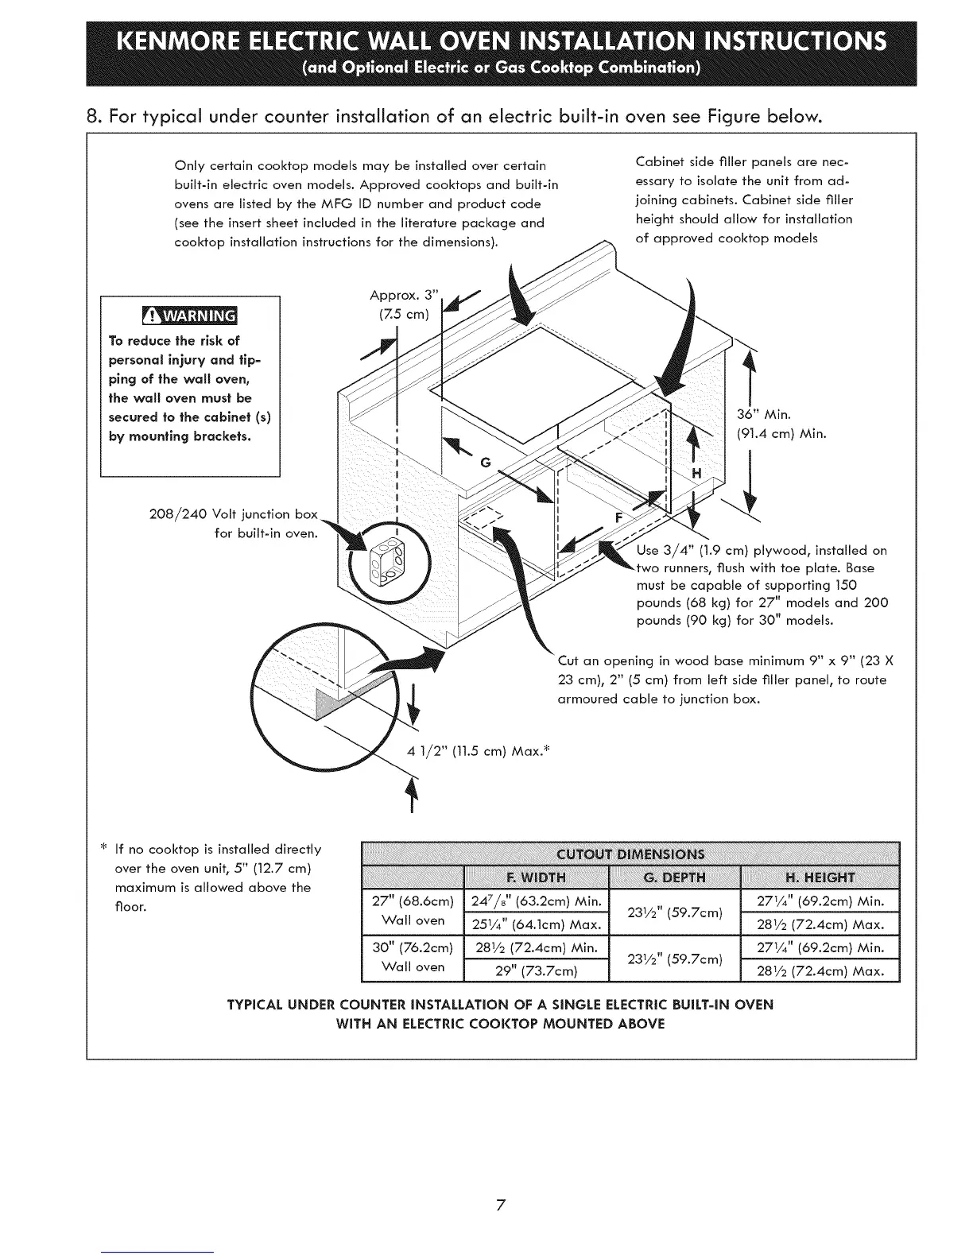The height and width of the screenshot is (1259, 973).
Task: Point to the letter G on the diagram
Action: (486, 463)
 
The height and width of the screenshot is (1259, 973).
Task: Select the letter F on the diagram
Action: (619, 516)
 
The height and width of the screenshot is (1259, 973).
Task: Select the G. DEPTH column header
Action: (673, 877)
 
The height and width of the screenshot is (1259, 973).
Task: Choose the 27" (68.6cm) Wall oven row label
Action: (413, 911)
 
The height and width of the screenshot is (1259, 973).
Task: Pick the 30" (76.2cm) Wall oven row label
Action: (413, 958)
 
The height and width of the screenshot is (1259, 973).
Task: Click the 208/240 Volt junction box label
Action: (242, 522)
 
